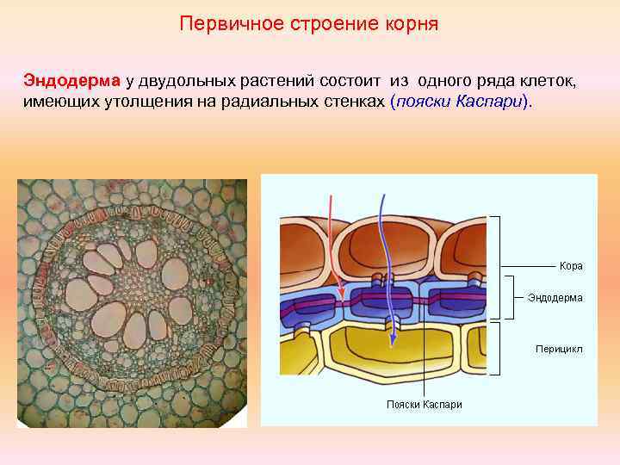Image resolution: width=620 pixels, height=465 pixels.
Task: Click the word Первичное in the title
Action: tap(220, 23)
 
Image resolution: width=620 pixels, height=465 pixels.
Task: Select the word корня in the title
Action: tap(412, 23)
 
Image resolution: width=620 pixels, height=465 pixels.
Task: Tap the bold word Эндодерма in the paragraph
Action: tap(73, 81)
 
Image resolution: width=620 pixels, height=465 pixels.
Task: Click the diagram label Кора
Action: tap(570, 266)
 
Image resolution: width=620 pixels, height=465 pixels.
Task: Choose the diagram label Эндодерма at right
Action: tap(555, 298)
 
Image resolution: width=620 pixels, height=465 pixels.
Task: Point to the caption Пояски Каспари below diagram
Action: tap(424, 405)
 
